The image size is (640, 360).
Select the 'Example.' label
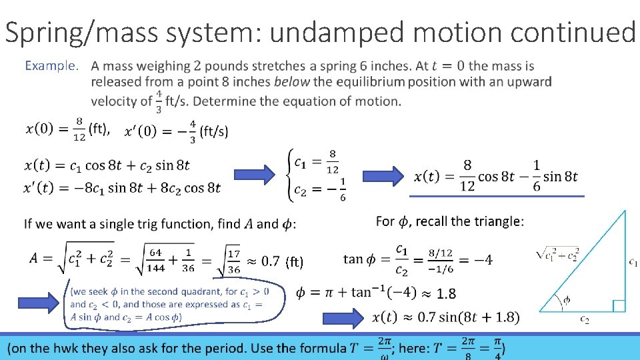(52, 66)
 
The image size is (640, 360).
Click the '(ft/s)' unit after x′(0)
(214, 131)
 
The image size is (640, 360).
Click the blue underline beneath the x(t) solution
(497, 196)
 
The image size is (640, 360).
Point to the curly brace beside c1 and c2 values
(289, 175)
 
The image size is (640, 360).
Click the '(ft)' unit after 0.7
(293, 262)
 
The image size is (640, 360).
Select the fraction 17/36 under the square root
(233, 261)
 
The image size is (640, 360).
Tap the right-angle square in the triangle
(618, 305)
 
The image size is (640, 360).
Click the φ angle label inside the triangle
(567, 300)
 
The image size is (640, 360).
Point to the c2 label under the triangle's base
(584, 320)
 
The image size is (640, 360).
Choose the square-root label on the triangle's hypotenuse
(558, 254)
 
